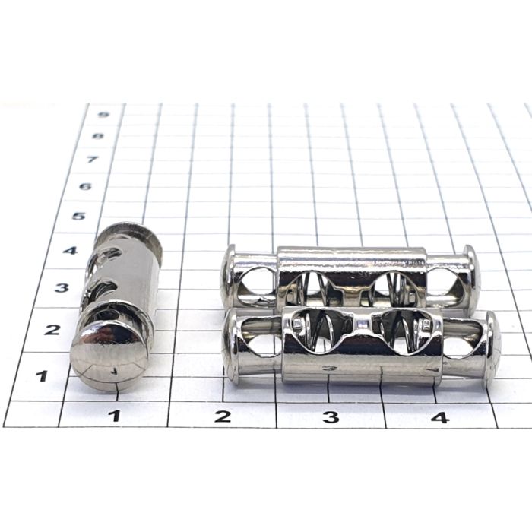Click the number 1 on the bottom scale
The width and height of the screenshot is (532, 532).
[116, 415]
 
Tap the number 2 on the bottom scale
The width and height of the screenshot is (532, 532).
[223, 416]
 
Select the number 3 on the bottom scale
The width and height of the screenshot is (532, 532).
[331, 417]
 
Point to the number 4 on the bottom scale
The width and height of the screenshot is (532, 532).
[440, 417]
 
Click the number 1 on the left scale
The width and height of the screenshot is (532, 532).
[42, 375]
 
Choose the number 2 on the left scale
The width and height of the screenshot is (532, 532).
[52, 329]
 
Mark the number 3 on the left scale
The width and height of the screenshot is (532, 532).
[62, 288]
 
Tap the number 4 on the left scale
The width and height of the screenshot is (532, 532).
[70, 251]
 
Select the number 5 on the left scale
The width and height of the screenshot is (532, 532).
[79, 216]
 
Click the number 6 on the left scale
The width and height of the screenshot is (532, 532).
[85, 186]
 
